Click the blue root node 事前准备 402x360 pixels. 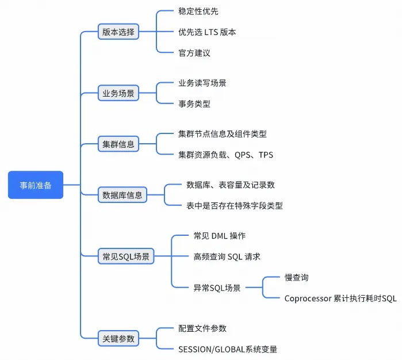tap(35, 185)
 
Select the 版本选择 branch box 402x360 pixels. tap(118, 32)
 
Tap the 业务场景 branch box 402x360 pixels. tap(118, 93)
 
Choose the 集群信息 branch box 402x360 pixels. tap(118, 144)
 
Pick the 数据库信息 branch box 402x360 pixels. tap(122, 195)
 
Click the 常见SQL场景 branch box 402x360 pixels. tap(126, 256)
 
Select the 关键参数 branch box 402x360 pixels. tap(118, 338)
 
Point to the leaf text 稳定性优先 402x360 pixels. tap(198, 12)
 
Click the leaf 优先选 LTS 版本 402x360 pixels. tap(207, 32)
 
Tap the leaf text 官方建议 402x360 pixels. tap(194, 53)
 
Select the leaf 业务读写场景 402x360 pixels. tap(202, 83)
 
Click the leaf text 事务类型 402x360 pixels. tap(194, 104)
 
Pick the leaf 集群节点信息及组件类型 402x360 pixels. tap(223, 134)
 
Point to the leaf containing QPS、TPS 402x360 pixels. tap(226, 155)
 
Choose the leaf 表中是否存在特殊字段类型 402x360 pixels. tap(235, 205)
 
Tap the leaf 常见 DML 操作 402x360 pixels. tap(220, 236)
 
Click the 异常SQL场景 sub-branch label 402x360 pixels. tap(217, 288)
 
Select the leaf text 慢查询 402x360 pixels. tap(297, 277)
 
